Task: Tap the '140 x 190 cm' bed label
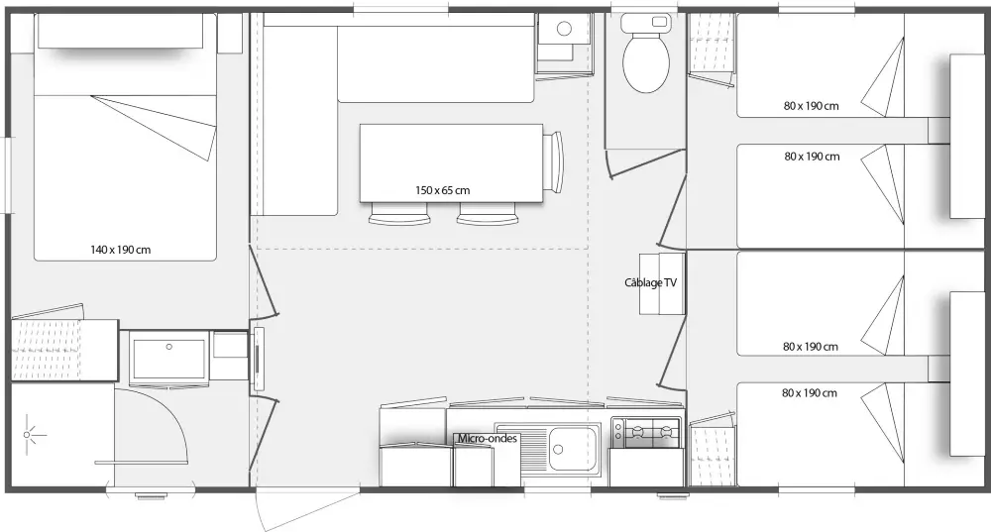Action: coord(121,250)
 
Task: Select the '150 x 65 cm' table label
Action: coord(442,190)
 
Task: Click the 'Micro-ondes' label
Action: coord(488,438)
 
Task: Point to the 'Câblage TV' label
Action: coord(650,282)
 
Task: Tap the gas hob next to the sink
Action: coord(646,432)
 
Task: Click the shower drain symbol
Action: coord(27,435)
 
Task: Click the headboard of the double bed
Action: coord(121,31)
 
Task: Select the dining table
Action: coord(451,163)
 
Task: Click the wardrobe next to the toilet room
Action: coord(712,45)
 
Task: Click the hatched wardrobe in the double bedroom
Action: coord(47,350)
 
